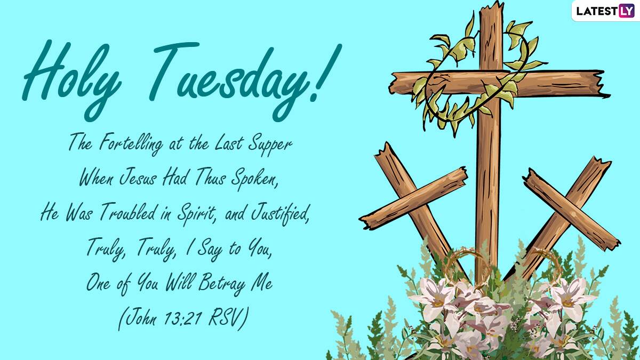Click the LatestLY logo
pos(605,11)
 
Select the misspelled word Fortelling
pos(131,144)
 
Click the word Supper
pos(270,145)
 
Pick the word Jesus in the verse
pos(138,178)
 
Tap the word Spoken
pos(254,178)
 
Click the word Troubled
pos(129,212)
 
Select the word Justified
pos(280,213)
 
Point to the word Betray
pos(222,283)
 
